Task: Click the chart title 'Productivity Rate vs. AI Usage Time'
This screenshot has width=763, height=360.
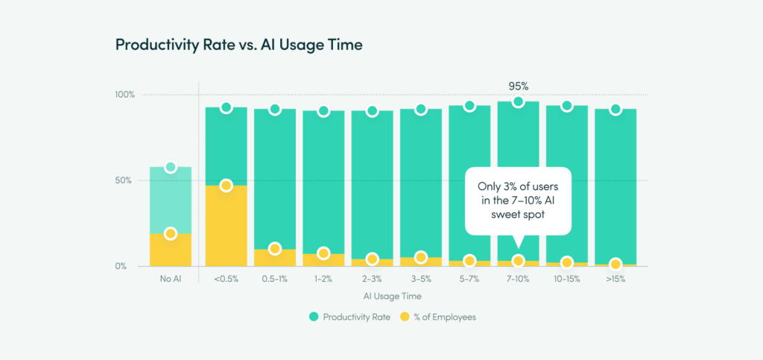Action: point(238,45)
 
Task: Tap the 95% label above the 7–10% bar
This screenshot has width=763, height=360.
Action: point(518,86)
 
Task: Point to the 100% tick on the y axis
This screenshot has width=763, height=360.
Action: point(124,95)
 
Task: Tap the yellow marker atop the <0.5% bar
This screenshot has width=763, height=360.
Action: point(227,186)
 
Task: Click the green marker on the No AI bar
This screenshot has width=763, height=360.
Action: point(171,167)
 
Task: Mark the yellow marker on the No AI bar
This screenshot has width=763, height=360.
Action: point(171,233)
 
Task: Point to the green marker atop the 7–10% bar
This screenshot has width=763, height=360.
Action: point(518,102)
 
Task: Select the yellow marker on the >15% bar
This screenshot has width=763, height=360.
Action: point(615,264)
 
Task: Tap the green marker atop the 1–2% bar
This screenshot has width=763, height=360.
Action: point(323,111)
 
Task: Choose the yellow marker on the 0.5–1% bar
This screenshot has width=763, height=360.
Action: point(275,249)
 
